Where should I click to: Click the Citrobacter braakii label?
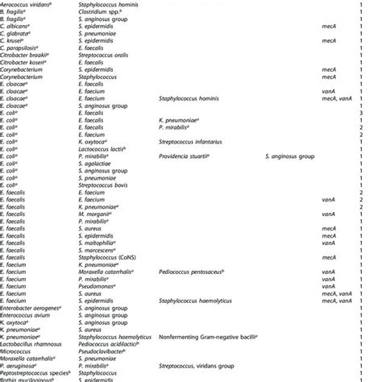pyautogui.click(x=24, y=60)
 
